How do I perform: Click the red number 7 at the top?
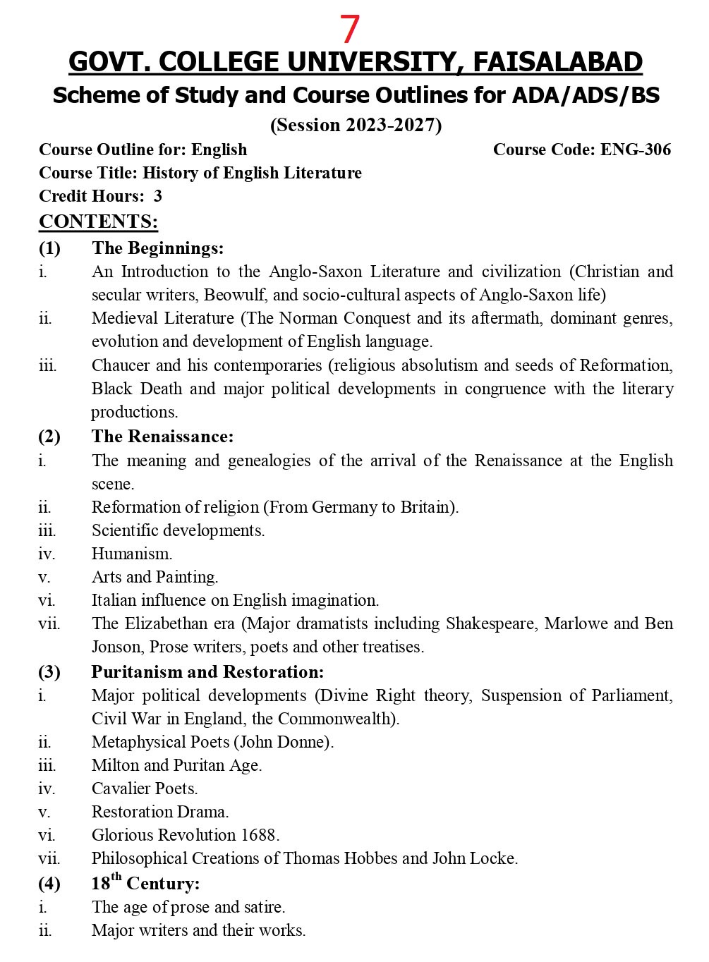pos(350,30)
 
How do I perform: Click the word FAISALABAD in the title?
pos(557,62)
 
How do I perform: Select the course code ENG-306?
pos(635,150)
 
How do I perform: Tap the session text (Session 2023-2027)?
pos(356,125)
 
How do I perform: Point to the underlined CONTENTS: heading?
pos(98,221)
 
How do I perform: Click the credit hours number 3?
pos(157,196)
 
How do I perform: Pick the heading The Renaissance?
pos(162,437)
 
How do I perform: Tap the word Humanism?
pos(132,554)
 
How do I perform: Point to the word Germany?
pos(344,507)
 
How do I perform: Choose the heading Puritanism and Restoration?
pos(207,671)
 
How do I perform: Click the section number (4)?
pos(49,884)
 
